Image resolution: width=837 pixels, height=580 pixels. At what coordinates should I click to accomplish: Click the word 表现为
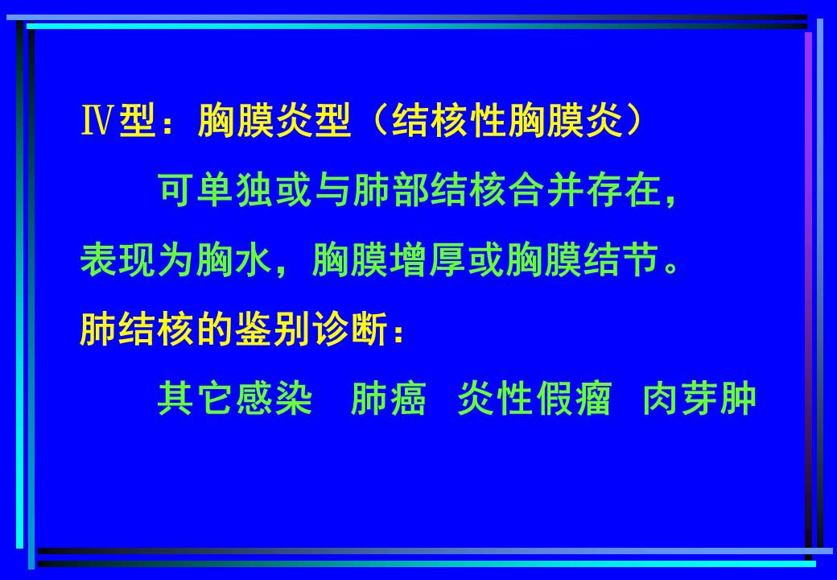click(138, 261)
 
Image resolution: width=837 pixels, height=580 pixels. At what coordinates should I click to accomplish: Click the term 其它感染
click(235, 399)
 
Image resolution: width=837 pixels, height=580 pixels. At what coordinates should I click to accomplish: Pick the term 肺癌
click(389, 399)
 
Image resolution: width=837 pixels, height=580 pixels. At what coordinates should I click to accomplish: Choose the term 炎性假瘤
click(535, 399)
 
